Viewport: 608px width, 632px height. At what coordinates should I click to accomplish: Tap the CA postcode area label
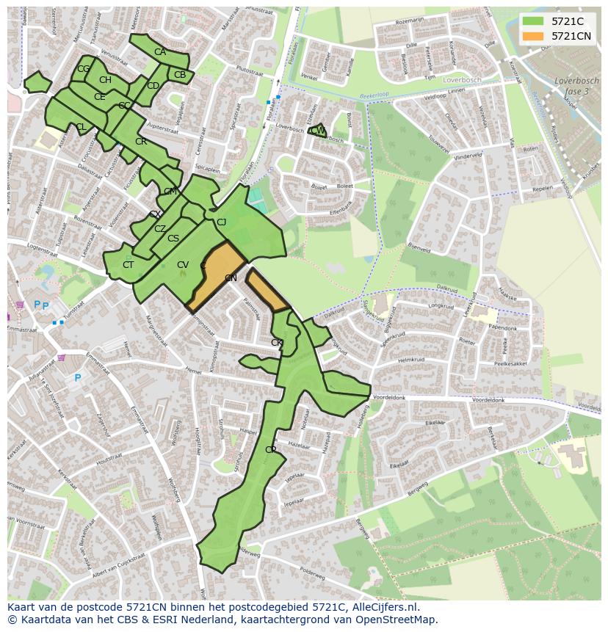point(160,52)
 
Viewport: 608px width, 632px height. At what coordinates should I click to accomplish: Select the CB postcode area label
point(180,75)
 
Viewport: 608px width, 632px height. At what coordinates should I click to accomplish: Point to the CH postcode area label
point(105,80)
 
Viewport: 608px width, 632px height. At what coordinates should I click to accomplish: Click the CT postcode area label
point(129,265)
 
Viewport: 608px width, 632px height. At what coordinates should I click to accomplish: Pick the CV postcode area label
point(183,265)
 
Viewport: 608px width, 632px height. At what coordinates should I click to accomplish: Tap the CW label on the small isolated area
point(318,131)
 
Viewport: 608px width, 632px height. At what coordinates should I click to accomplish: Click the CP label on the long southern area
point(271,449)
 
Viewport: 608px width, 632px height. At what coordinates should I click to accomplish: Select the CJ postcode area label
point(221,222)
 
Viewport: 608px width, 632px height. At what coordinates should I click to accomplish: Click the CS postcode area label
point(173,239)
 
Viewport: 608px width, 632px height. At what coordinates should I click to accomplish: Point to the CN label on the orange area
point(231,278)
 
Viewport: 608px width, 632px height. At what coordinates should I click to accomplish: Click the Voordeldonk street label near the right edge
point(489,400)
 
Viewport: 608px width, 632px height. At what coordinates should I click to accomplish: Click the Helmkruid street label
point(413,360)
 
